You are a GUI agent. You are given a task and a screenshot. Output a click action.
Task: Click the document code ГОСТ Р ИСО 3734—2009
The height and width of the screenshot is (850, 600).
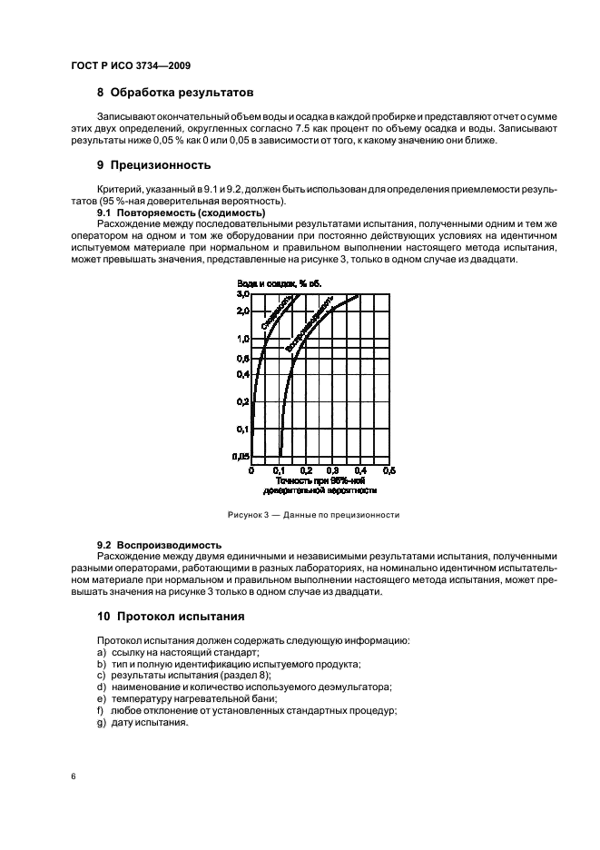[130, 66]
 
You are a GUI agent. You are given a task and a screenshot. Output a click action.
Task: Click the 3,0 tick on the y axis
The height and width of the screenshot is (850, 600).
[241, 295]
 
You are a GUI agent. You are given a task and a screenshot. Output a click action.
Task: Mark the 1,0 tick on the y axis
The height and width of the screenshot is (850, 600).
[241, 339]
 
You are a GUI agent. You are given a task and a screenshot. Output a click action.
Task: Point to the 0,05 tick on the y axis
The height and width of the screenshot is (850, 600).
[240, 456]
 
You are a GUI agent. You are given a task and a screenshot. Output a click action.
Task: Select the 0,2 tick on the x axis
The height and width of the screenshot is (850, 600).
[306, 470]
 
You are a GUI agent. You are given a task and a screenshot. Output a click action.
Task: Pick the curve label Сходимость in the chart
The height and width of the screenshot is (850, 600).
[276, 313]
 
